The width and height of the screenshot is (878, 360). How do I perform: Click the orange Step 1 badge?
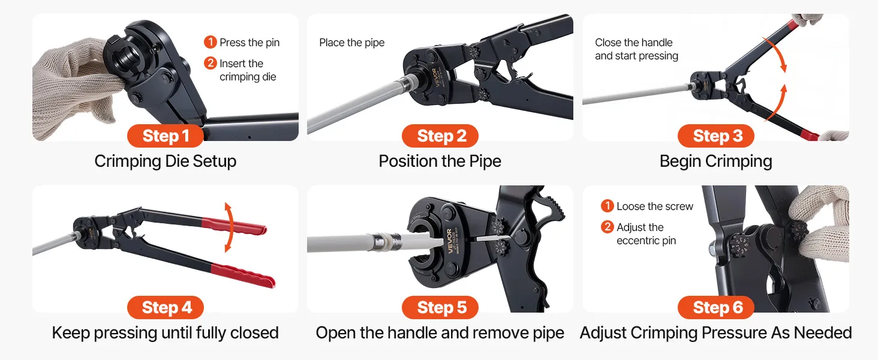[x=166, y=136]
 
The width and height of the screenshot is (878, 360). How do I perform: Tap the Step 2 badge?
[x=440, y=136]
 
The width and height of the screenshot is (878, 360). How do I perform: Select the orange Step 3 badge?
[x=716, y=136]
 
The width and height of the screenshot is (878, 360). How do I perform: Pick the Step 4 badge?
[x=166, y=307]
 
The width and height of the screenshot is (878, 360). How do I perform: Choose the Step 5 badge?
[x=440, y=307]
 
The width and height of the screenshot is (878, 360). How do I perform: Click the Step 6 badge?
[x=716, y=307]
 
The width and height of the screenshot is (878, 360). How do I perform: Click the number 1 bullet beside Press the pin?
[x=210, y=42]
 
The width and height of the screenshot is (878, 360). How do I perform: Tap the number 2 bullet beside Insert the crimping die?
[x=210, y=63]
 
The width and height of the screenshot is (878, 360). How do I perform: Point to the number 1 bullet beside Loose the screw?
[x=607, y=206]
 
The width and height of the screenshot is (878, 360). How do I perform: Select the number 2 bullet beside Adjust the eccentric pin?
[x=607, y=227]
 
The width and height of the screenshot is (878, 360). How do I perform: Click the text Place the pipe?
[x=351, y=43]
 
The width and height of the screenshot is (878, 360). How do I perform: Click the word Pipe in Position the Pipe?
[x=484, y=161]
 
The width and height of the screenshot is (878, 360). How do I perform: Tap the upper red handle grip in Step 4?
[x=234, y=226]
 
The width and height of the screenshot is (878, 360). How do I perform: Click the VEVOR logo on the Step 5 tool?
[x=450, y=241]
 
